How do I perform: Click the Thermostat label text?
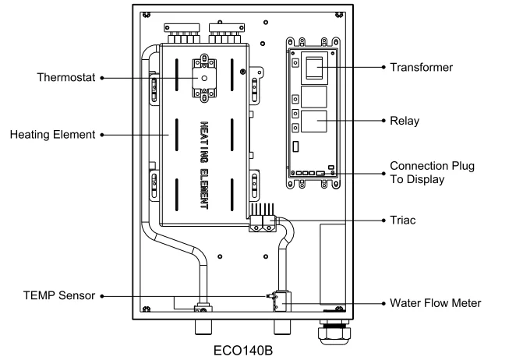pos(66,79)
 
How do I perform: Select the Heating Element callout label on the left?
pos(51,134)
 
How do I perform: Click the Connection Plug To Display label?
pos(432,173)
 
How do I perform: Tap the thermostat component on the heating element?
pos(206,79)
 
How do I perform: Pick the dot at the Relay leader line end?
pos(383,122)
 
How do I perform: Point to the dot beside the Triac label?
pos(383,221)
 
